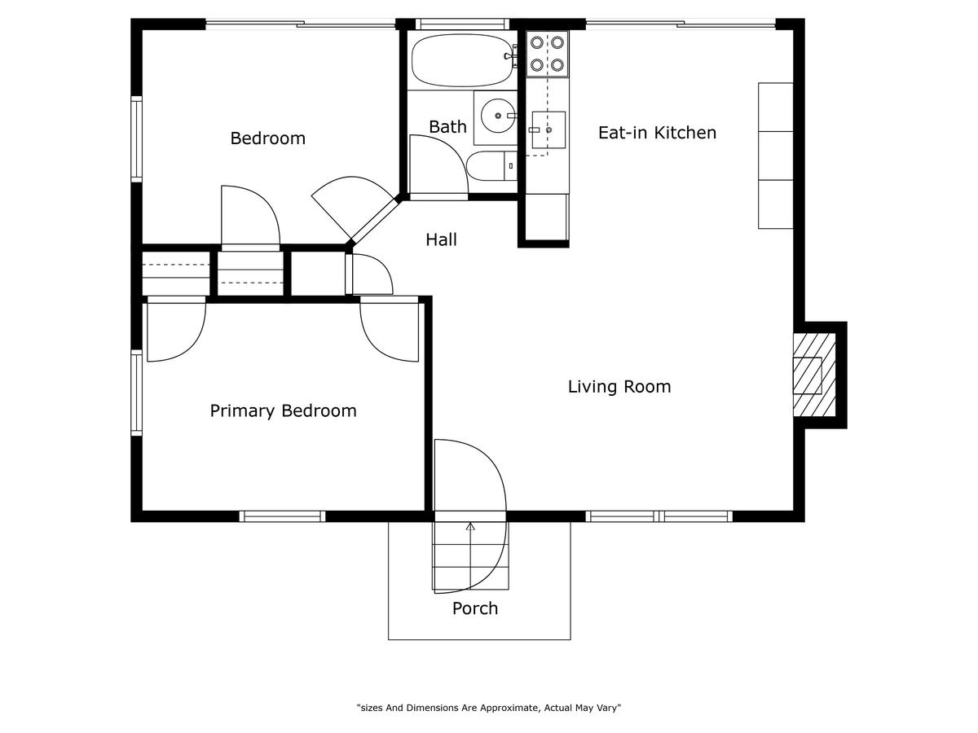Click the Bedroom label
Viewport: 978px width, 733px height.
pyautogui.click(x=268, y=138)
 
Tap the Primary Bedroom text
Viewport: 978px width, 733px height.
pyautogui.click(x=283, y=410)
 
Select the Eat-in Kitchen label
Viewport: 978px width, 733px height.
pyautogui.click(x=657, y=133)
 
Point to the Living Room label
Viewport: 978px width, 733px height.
pyautogui.click(x=619, y=386)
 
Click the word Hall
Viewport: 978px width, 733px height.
pyautogui.click(x=441, y=240)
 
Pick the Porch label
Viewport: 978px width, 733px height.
pyautogui.click(x=475, y=608)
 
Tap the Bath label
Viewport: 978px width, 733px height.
pyautogui.click(x=447, y=127)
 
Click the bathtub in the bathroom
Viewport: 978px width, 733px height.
pyautogui.click(x=464, y=60)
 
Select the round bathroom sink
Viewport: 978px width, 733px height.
pyautogui.click(x=498, y=116)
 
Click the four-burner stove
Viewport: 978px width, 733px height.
pyautogui.click(x=547, y=54)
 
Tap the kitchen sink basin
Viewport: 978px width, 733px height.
pyautogui.click(x=548, y=129)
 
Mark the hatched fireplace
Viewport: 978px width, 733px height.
pyautogui.click(x=814, y=375)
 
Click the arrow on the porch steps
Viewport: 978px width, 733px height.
pyautogui.click(x=470, y=555)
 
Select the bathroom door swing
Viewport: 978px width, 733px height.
pyautogui.click(x=438, y=165)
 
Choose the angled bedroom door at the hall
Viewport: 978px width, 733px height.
pyautogui.click(x=355, y=208)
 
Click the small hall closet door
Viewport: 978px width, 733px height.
pyautogui.click(x=369, y=274)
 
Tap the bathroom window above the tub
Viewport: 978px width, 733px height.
pyautogui.click(x=462, y=24)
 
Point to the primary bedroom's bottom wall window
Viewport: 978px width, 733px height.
pyautogui.click(x=283, y=516)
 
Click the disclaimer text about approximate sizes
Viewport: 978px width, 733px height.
pyautogui.click(x=489, y=708)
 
